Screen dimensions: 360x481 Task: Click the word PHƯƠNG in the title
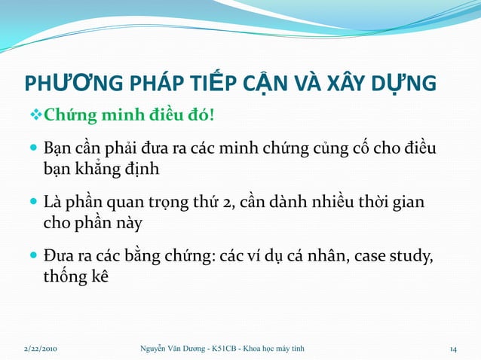pyautogui.click(x=68, y=83)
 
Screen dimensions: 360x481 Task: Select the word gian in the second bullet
pyautogui.click(x=407, y=203)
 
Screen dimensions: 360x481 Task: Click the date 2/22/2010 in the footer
pyautogui.click(x=39, y=348)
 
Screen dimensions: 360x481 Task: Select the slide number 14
pyautogui.click(x=454, y=348)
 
